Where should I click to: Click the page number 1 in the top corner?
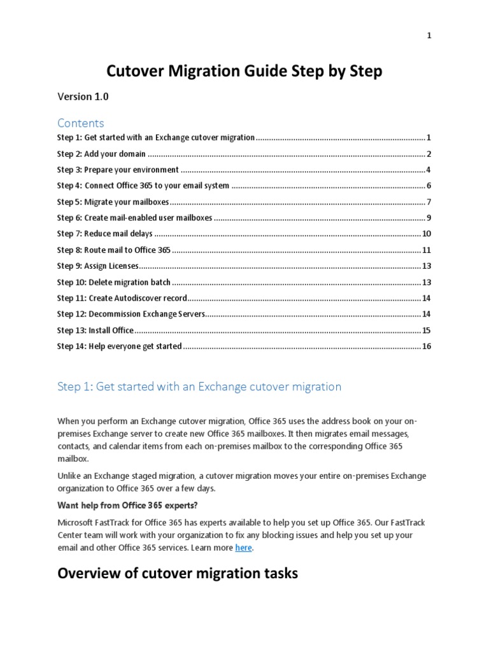click(429, 36)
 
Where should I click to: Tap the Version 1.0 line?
click(83, 97)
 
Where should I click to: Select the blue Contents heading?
click(80, 122)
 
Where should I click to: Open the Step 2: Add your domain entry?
click(101, 153)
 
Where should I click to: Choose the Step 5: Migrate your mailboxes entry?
click(113, 202)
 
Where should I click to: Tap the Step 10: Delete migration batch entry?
click(114, 282)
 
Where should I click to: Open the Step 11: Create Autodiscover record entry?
click(122, 298)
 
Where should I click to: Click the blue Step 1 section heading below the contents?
click(199, 386)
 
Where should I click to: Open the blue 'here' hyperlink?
click(243, 548)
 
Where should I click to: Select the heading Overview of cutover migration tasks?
click(178, 574)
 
